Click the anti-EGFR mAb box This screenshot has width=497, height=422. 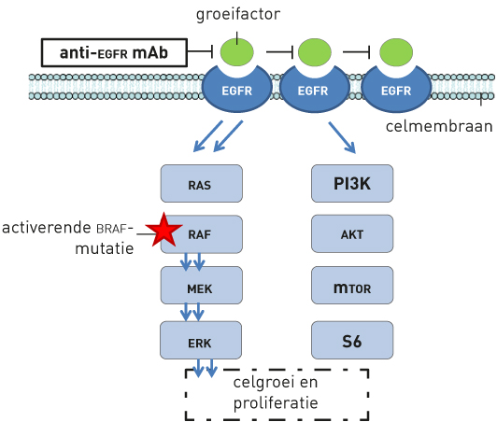[114, 52]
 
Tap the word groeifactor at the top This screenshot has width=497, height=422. [238, 15]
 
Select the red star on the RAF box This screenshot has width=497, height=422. [163, 230]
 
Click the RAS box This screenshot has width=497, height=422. [201, 183]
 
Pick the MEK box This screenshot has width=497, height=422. [201, 285]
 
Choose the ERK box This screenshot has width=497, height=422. [201, 340]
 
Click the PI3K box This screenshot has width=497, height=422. [352, 183]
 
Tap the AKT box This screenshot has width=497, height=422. [352, 233]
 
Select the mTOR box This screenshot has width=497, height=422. [352, 285]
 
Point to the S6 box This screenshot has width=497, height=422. [352, 340]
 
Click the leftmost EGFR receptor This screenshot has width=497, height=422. [236, 90]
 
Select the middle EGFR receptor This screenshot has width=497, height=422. [314, 90]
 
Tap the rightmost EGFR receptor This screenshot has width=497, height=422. [396, 90]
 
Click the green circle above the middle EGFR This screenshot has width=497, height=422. [315, 52]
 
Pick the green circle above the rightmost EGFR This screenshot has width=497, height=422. [396, 52]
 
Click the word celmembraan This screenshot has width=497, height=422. [439, 126]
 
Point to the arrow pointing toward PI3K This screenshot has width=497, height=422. [342, 137]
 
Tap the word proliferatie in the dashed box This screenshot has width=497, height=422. [276, 403]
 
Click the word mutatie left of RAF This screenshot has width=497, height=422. [105, 248]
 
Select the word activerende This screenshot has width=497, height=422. [47, 228]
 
